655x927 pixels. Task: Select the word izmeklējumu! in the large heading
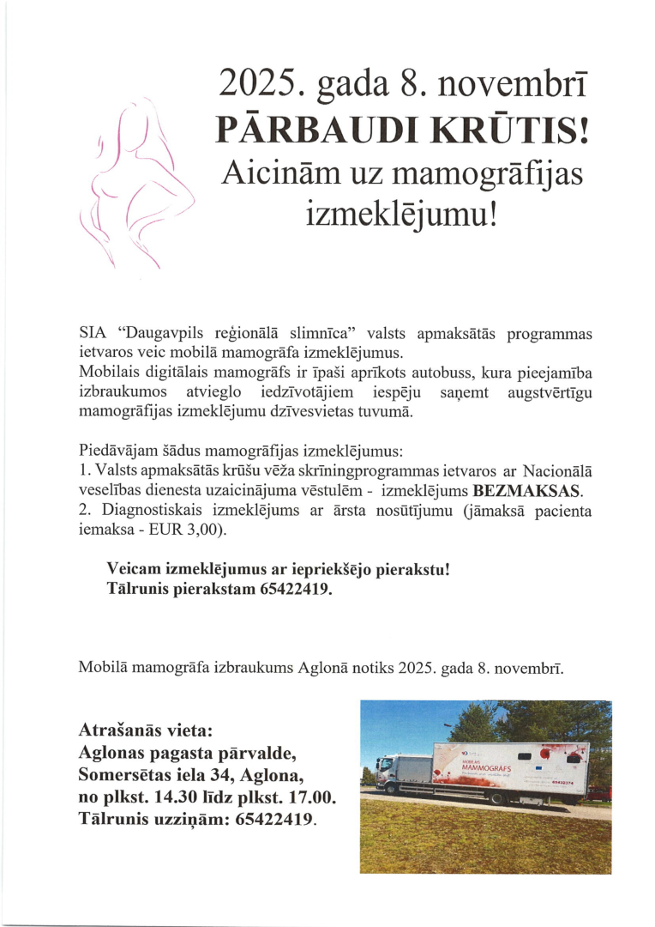pyautogui.click(x=401, y=210)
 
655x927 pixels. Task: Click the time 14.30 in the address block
pyautogui.click(x=170, y=797)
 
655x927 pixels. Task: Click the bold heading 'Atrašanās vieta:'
pyautogui.click(x=144, y=732)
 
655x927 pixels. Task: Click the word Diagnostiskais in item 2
pyautogui.click(x=138, y=512)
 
